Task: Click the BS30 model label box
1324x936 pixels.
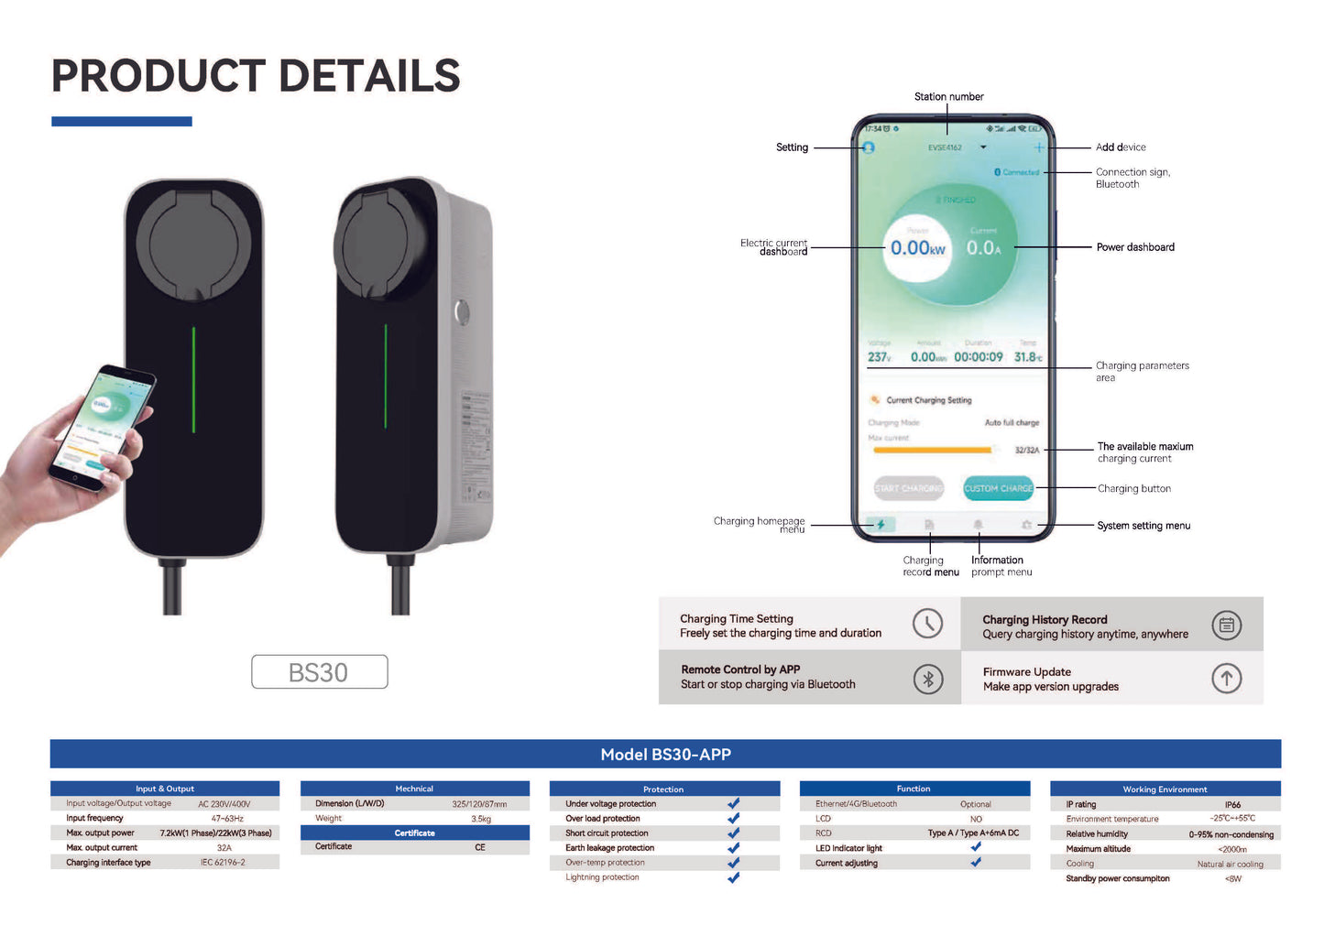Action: pyautogui.click(x=319, y=672)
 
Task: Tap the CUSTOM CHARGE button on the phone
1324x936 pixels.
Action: pyautogui.click(x=998, y=488)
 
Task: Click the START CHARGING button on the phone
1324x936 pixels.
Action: pyautogui.click(x=908, y=488)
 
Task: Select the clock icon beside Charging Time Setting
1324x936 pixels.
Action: pyautogui.click(x=927, y=624)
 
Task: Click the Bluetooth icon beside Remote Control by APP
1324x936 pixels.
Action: pyautogui.click(x=927, y=679)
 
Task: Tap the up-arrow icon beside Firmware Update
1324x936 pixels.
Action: pyautogui.click(x=1226, y=679)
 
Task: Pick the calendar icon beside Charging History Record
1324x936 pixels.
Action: pyautogui.click(x=1226, y=626)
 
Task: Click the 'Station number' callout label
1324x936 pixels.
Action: pyautogui.click(x=948, y=97)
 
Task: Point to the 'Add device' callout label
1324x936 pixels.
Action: pyautogui.click(x=1120, y=147)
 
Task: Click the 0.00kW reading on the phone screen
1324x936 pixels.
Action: pyautogui.click(x=917, y=248)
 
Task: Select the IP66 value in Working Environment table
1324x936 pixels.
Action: pyautogui.click(x=1232, y=805)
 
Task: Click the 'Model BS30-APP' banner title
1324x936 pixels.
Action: pyautogui.click(x=665, y=755)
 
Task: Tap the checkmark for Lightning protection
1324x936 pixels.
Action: pyautogui.click(x=733, y=877)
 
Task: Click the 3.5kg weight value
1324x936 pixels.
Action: pyautogui.click(x=481, y=819)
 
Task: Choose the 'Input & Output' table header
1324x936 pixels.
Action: pyautogui.click(x=165, y=789)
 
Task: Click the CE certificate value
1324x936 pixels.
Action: pyautogui.click(x=480, y=847)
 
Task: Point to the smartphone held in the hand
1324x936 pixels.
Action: pyautogui.click(x=103, y=426)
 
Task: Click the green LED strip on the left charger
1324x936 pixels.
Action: pyautogui.click(x=193, y=379)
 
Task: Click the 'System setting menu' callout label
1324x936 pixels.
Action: pyautogui.click(x=1143, y=526)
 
